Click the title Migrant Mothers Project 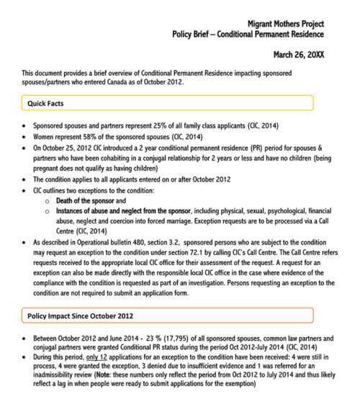[285, 23]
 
